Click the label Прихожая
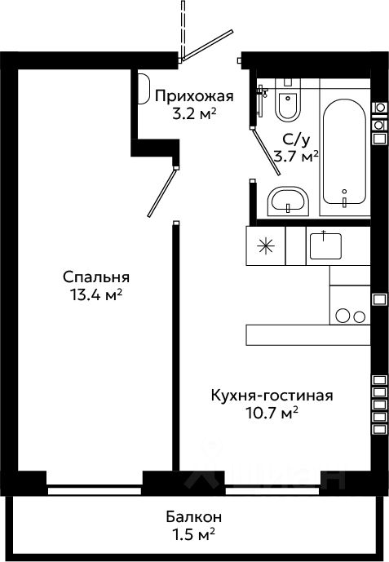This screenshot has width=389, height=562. [x=194, y=96]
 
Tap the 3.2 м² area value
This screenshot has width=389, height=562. [x=194, y=114]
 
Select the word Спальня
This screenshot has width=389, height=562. [x=96, y=277]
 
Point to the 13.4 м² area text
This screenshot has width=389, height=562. [x=96, y=295]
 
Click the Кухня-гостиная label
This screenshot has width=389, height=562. [x=272, y=396]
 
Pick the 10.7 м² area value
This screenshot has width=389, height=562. [x=272, y=414]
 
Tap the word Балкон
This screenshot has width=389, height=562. [x=194, y=517]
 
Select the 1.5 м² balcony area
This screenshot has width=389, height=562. [x=194, y=535]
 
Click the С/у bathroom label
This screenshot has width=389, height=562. [x=296, y=139]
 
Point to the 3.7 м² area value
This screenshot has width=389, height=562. [x=296, y=157]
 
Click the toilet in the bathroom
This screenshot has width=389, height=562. [x=288, y=102]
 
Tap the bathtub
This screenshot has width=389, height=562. [x=344, y=152]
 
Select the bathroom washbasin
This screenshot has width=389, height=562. [x=288, y=201]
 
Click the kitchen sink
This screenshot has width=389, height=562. [x=325, y=246]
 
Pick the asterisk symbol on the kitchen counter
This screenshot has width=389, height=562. [x=266, y=246]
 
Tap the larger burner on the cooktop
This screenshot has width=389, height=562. [x=343, y=316]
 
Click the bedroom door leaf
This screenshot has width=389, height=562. [x=162, y=192]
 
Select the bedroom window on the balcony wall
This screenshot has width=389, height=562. [x=95, y=489]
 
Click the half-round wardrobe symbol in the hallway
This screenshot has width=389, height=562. [x=144, y=89]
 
